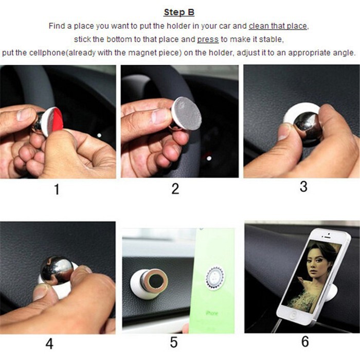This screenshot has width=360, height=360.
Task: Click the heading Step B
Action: (179, 12)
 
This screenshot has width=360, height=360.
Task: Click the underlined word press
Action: (208, 40)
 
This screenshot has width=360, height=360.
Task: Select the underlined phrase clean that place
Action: (278, 26)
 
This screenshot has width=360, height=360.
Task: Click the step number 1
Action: (57, 190)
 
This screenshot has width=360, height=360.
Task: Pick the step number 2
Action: (175, 189)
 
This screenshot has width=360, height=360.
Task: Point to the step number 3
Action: (303, 186)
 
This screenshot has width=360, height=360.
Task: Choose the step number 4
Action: (49, 344)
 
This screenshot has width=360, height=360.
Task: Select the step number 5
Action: (174, 343)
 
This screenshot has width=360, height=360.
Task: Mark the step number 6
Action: (305, 341)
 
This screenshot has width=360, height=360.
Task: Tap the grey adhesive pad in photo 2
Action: (186, 114)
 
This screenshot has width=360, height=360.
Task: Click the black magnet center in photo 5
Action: (156, 282)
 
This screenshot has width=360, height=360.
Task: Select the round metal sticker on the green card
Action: (214, 278)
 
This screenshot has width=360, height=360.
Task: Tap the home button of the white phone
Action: (292, 315)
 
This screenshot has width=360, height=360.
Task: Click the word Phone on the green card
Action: (212, 313)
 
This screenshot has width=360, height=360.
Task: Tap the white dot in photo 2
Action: (209, 158)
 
